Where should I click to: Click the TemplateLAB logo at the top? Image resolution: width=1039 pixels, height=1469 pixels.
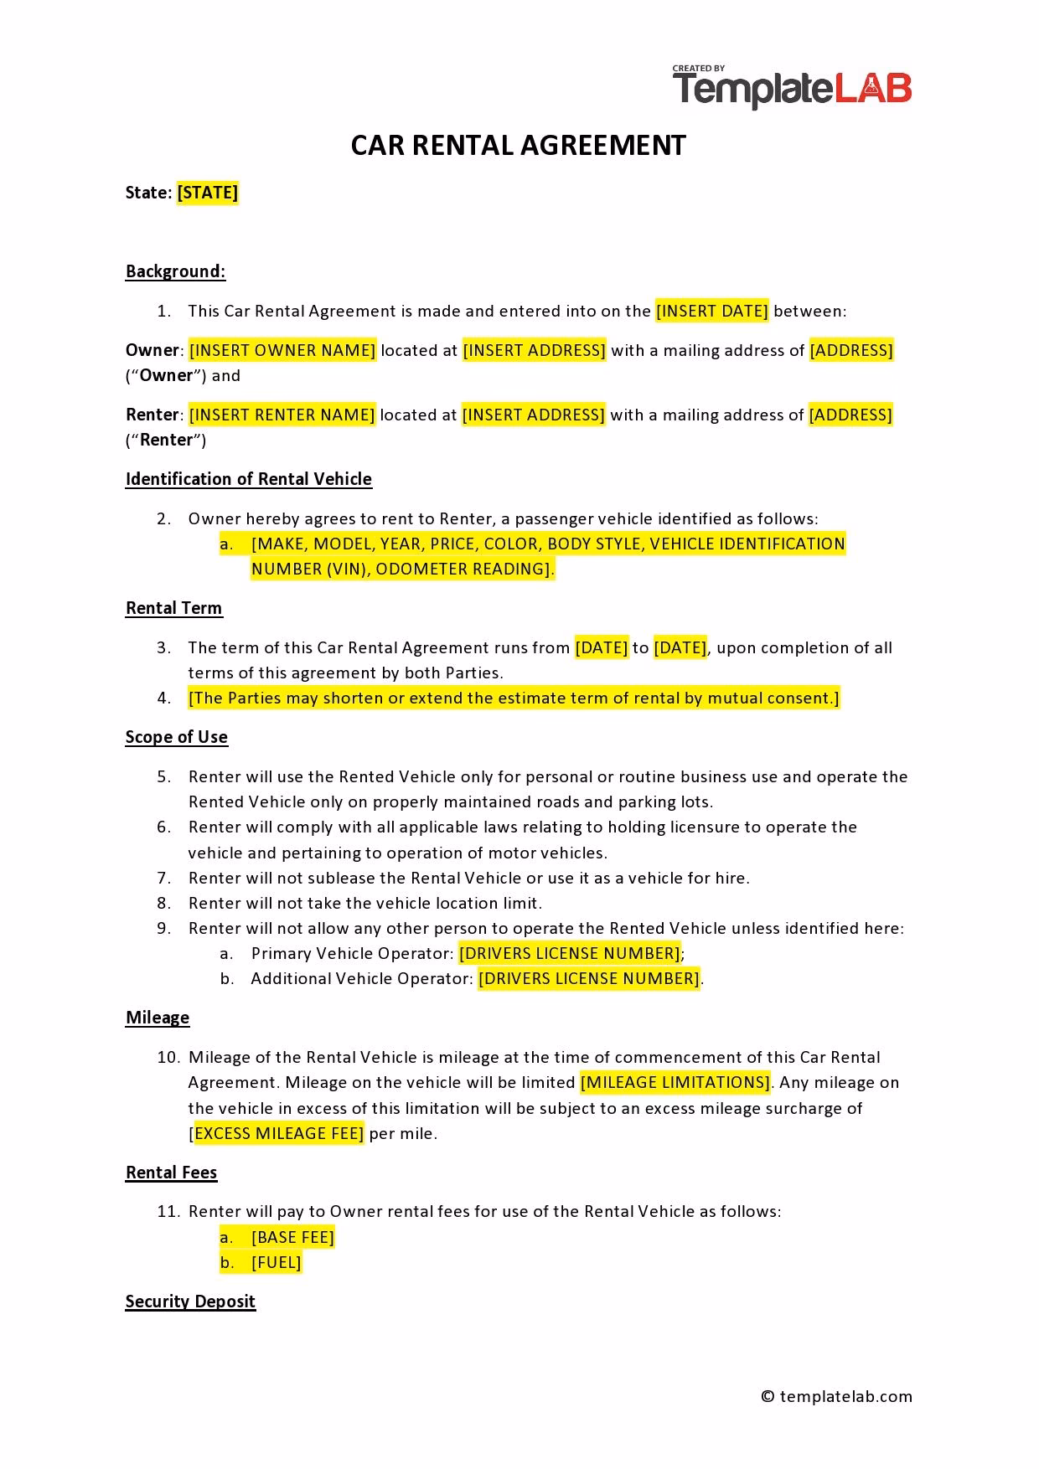point(791,88)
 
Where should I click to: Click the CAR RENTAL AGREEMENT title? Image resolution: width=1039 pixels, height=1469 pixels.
point(518,146)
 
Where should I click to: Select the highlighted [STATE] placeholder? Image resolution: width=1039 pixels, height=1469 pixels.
point(208,193)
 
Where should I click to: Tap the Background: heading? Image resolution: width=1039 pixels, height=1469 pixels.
point(175,271)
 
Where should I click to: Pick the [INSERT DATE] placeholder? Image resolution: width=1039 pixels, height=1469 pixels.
point(711,312)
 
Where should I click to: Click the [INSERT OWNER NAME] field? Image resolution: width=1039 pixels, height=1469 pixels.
point(282,350)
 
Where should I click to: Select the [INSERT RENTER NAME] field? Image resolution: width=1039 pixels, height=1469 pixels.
point(282,415)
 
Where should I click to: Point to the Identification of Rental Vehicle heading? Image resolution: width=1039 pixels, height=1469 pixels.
point(248,479)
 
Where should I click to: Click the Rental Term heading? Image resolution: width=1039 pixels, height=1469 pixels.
point(173,608)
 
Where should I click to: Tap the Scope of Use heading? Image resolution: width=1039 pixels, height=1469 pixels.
point(176,737)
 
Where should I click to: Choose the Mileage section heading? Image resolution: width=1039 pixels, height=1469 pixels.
point(158,1018)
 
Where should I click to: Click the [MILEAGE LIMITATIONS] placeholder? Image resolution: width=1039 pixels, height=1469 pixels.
point(675,1082)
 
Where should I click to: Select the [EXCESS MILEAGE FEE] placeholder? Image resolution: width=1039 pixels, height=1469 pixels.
point(278,1134)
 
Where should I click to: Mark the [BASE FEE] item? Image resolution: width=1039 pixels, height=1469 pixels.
point(292,1237)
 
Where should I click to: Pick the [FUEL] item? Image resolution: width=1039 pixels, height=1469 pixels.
point(276,1262)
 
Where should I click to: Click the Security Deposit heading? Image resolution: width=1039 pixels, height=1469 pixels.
point(190,1301)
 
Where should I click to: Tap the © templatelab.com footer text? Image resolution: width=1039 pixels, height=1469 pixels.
point(836,1396)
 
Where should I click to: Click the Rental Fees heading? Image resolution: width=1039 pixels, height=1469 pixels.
point(171,1173)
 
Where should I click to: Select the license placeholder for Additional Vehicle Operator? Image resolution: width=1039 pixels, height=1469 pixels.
point(589,978)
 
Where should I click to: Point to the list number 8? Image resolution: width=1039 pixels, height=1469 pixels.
point(163,903)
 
